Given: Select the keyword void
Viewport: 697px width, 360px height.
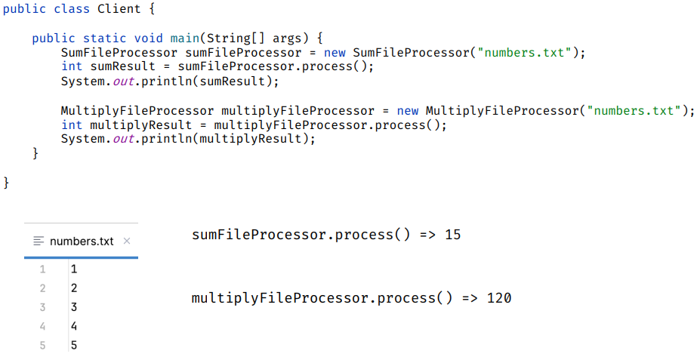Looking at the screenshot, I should [x=149, y=38].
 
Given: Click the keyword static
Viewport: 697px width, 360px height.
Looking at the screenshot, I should [x=105, y=38].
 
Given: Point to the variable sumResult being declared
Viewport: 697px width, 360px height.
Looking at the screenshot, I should [x=122, y=66].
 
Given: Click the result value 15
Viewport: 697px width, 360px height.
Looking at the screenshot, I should [x=452, y=235].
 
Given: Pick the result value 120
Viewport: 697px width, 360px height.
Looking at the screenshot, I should [x=499, y=298].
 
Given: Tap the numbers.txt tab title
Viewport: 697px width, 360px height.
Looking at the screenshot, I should [x=82, y=242].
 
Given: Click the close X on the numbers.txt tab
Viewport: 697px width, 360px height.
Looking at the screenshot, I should [x=126, y=242].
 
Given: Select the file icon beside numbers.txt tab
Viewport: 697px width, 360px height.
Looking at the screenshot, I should [x=39, y=242].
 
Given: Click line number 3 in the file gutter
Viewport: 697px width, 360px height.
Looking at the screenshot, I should [x=42, y=307].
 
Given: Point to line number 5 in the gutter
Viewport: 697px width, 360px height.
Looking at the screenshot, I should [x=42, y=346].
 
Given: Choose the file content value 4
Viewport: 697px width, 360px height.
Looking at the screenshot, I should [x=73, y=326].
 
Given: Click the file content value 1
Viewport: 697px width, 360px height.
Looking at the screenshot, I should [x=73, y=269].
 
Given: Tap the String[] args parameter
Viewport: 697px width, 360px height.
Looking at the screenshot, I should [x=253, y=38].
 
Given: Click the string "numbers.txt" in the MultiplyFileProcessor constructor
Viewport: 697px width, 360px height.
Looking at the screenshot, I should [x=637, y=110].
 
